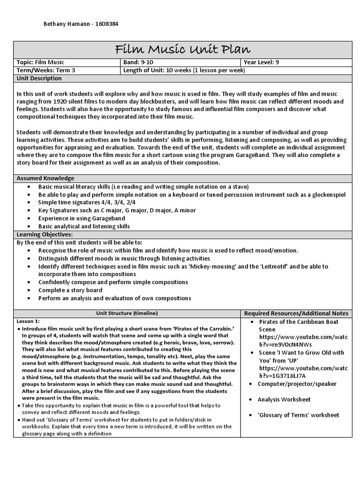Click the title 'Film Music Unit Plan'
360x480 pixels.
click(x=183, y=50)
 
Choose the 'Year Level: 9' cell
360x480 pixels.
click(x=261, y=62)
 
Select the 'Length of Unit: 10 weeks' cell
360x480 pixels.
click(x=184, y=70)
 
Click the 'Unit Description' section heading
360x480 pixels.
click(x=36, y=78)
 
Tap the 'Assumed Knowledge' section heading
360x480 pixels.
click(x=40, y=179)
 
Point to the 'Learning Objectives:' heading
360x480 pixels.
click(x=45, y=234)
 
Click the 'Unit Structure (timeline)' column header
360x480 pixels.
click(x=127, y=313)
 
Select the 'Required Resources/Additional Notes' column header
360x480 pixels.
click(x=296, y=313)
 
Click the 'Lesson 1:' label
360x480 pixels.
click(x=28, y=321)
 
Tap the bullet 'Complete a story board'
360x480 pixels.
click(x=70, y=290)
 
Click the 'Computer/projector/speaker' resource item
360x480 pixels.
click(x=297, y=384)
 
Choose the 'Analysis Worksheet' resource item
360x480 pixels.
click(x=284, y=399)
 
